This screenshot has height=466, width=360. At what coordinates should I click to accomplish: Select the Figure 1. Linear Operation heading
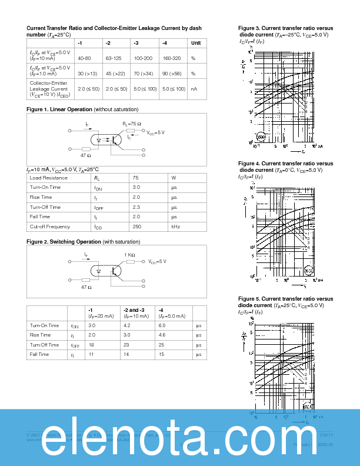59,109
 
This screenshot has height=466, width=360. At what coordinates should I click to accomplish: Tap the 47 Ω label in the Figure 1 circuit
85,155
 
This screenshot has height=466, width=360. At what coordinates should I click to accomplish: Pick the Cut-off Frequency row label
49,227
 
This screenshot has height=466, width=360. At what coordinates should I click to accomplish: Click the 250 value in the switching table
136,227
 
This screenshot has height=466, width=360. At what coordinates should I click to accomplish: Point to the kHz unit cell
175,227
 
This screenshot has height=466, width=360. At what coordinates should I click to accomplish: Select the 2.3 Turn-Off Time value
136,207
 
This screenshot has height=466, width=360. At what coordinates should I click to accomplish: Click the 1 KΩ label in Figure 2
129,255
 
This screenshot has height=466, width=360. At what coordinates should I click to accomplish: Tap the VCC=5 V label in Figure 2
156,261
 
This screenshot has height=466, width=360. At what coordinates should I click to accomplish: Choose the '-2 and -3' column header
134,309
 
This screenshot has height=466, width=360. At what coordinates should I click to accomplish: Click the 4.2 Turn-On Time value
127,325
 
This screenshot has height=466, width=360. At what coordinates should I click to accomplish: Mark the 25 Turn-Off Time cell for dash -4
161,345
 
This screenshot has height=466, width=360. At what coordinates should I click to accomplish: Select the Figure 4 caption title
285,164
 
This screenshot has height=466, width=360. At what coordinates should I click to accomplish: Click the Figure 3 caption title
285,28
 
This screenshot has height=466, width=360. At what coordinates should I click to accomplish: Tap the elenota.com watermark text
180,439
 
